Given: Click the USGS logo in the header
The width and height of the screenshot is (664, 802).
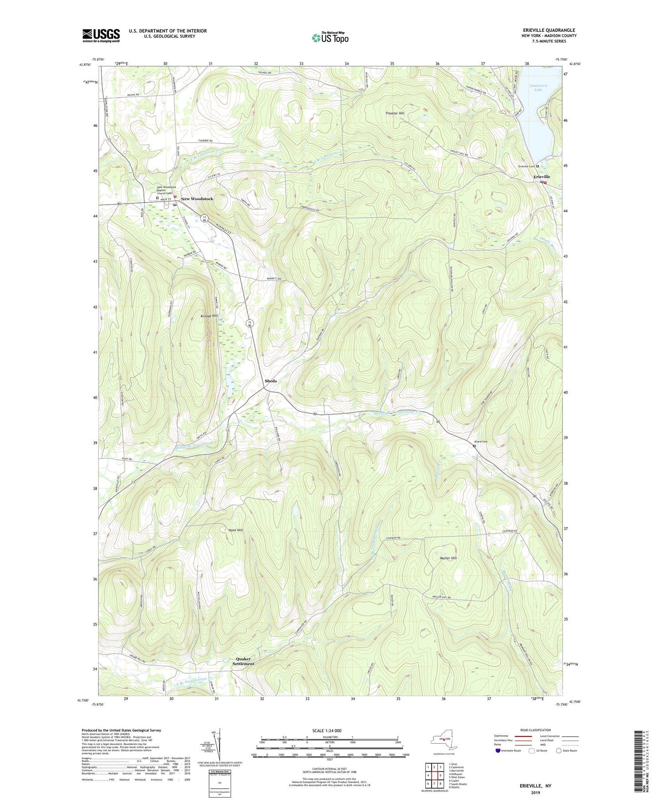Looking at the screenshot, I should click(101, 36).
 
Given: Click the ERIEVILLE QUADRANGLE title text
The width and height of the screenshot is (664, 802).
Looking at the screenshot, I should click(549, 30).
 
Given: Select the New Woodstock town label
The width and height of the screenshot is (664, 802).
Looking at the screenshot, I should click(197, 199).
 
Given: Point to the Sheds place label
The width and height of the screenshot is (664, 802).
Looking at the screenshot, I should click(270, 381).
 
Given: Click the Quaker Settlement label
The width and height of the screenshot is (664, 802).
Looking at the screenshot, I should click(243, 661).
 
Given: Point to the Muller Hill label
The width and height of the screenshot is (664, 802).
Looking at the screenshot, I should click(448, 558).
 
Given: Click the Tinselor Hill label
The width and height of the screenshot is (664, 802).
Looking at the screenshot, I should click(395, 113).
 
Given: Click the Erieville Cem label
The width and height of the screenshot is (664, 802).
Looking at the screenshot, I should click(526, 166).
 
